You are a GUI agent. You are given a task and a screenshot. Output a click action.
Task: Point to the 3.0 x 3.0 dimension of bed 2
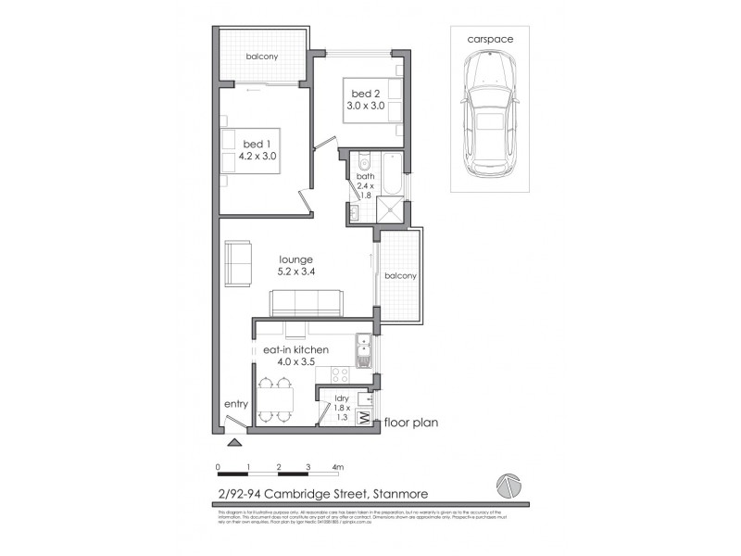pos(365,106)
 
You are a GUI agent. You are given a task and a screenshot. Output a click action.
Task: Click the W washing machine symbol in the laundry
pos(364,418)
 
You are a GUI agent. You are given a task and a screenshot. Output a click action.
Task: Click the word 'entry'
pos(236,404)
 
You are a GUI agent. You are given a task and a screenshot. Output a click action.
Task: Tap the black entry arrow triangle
pos(238,443)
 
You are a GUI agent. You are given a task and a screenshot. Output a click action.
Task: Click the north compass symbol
pos(509,486)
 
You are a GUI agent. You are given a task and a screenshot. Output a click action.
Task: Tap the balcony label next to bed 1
pos(262,57)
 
